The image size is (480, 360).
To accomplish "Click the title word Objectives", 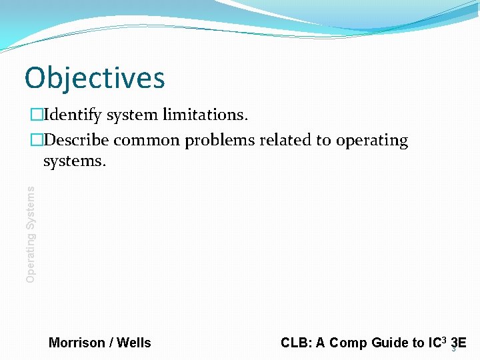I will [94, 78].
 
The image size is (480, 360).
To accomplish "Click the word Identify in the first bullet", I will [73, 115].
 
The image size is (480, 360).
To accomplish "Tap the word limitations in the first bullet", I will [206, 115].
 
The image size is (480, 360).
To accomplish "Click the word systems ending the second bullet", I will [74, 161].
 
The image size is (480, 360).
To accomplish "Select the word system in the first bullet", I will [133, 115].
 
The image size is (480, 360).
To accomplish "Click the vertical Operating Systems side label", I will [31, 234].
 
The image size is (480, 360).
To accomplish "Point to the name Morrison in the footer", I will [77, 343].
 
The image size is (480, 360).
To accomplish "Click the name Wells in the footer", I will [134, 343].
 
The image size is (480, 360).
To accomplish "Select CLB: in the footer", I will [295, 343].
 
